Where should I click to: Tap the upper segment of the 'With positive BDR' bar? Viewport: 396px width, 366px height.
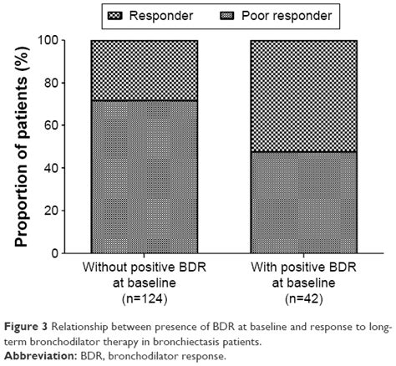click(x=303, y=95)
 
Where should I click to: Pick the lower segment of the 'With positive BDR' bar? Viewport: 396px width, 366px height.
click(x=303, y=201)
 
